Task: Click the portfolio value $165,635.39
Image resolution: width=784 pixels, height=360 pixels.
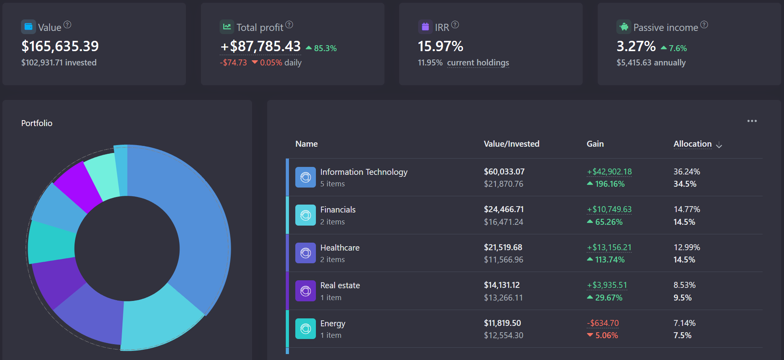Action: tap(60, 46)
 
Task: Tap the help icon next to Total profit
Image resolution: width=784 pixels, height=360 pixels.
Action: tap(289, 25)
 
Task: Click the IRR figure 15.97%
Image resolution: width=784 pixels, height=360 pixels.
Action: tap(440, 46)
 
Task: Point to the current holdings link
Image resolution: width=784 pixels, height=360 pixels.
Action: tap(478, 63)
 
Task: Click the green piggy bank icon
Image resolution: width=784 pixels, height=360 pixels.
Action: tap(624, 27)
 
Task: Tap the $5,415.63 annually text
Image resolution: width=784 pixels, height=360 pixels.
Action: tap(651, 63)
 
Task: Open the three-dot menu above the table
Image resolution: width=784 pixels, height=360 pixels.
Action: tap(752, 121)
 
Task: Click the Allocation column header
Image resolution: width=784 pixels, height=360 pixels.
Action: tap(692, 144)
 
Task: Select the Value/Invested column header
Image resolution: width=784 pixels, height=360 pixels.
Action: tap(511, 144)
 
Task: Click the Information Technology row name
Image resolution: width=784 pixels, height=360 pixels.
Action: tap(363, 172)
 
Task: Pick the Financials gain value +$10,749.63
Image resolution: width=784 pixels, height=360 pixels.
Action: tap(609, 209)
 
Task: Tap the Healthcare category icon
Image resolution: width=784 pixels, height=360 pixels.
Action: tap(305, 253)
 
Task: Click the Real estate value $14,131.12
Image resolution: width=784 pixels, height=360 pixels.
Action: tap(501, 285)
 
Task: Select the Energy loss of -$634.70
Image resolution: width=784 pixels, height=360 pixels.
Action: tap(602, 323)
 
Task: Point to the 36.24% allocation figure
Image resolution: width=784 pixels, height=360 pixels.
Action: tap(686, 172)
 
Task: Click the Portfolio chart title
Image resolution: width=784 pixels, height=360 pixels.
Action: tap(37, 123)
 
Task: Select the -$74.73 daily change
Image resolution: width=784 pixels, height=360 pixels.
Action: tap(233, 63)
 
